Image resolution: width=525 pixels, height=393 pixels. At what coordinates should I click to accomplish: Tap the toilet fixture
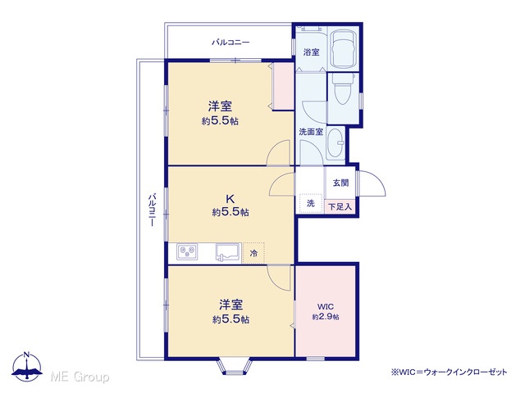click(342, 89)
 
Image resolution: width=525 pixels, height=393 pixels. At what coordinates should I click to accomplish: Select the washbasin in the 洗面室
click(336, 144)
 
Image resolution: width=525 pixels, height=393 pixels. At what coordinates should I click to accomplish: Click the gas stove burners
click(187, 251)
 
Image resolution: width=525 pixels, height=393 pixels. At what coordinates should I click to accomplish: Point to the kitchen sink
click(228, 252)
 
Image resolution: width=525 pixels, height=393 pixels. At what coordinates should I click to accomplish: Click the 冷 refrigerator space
click(253, 253)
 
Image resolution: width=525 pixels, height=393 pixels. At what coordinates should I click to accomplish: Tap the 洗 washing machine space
click(310, 203)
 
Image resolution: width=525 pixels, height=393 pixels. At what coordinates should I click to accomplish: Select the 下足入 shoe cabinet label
click(340, 207)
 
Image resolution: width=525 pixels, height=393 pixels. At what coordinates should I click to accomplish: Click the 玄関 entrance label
click(340, 183)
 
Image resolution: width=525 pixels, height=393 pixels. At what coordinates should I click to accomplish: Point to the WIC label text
click(325, 307)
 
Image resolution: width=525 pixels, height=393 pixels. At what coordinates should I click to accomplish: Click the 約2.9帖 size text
click(326, 317)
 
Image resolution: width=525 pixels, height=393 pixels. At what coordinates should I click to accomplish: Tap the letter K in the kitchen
click(230, 199)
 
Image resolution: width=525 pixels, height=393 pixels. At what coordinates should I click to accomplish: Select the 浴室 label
click(311, 52)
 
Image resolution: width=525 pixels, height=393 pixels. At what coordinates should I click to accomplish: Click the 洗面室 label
click(311, 132)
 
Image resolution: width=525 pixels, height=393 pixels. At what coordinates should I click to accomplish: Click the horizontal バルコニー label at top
click(231, 43)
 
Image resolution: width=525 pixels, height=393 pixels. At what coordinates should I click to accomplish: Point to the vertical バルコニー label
click(152, 210)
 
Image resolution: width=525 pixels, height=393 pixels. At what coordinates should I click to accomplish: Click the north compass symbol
click(27, 367)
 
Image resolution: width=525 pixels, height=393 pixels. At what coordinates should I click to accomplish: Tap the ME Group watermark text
click(80, 377)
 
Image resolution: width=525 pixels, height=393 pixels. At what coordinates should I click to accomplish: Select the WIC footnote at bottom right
click(450, 372)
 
